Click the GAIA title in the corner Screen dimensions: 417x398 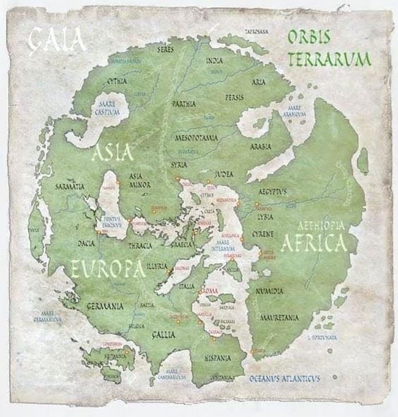point(57,40)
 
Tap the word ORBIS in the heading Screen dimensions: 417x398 point(309,38)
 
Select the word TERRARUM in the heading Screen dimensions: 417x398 point(329,59)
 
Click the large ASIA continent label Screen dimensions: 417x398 point(112,153)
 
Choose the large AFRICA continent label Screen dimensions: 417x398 point(313,243)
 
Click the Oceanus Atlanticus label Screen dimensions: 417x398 point(284,378)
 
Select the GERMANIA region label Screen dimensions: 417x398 point(105,306)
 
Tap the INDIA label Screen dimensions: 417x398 point(214,60)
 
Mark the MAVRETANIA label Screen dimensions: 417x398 point(279,317)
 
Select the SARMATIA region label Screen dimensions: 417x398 point(71,186)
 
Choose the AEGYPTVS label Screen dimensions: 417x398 point(272,192)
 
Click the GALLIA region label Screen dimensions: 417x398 point(163,335)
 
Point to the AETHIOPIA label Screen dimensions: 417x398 point(321,226)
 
